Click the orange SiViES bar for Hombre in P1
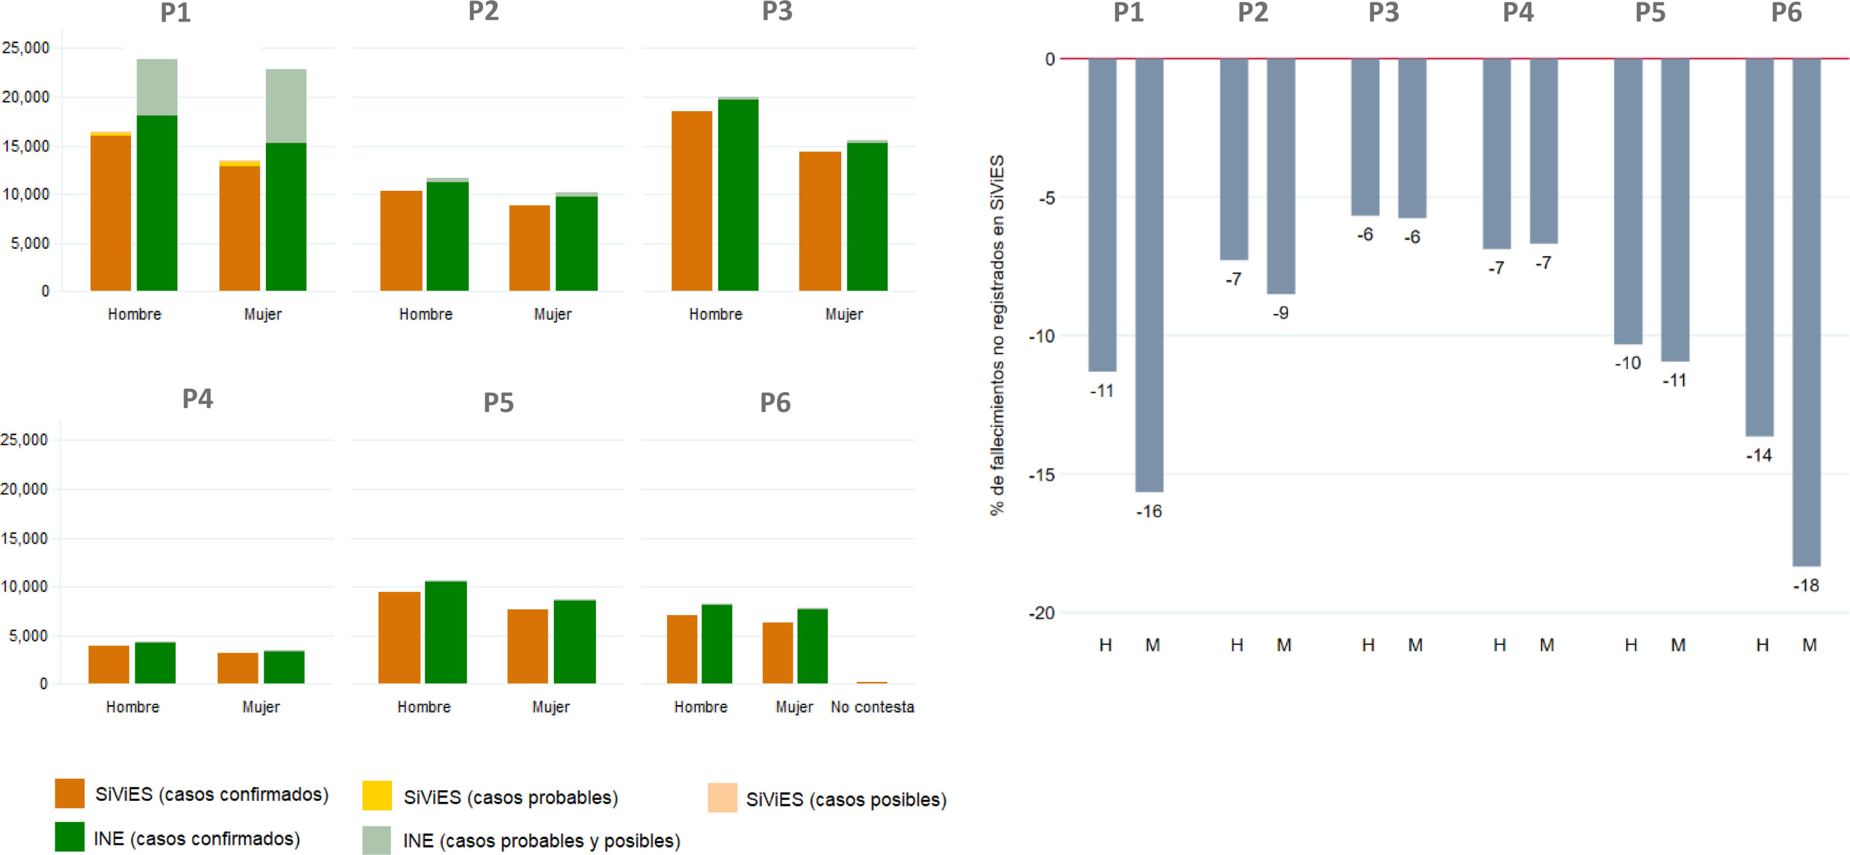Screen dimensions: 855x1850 click(x=110, y=213)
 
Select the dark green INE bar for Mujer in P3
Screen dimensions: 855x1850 click(x=867, y=216)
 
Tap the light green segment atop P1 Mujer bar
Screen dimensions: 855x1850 click(x=286, y=105)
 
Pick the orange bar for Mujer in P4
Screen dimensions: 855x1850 click(x=238, y=667)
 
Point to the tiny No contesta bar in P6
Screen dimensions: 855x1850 click(x=871, y=682)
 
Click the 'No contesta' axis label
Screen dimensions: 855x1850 click(x=872, y=707)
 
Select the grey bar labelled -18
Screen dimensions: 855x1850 click(x=1806, y=312)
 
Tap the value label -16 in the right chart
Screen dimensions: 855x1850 click(x=1148, y=511)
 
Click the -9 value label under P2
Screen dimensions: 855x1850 click(x=1280, y=313)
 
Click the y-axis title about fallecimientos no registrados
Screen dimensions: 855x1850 click(x=997, y=335)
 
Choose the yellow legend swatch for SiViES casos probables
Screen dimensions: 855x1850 click(x=377, y=796)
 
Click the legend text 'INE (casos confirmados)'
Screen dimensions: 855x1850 click(x=197, y=838)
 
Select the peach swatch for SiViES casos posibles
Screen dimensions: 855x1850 click(x=722, y=798)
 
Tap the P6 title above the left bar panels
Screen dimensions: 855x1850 click(x=775, y=402)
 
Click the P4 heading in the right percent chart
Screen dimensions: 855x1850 click(x=1517, y=13)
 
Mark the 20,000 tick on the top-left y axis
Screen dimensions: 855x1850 click(x=26, y=97)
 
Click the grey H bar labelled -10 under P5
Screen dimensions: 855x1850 click(x=1627, y=201)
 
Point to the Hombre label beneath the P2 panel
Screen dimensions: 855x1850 click(x=426, y=314)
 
